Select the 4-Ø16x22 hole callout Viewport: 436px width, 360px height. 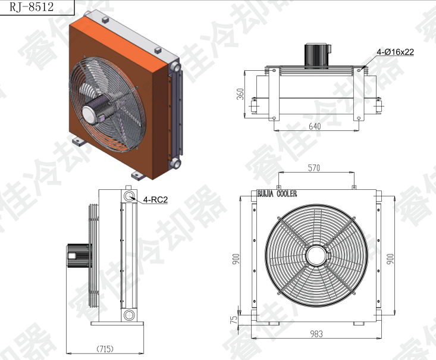coord(395,52)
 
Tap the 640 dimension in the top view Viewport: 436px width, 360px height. coord(315,126)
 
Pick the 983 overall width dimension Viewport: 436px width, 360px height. coord(316,334)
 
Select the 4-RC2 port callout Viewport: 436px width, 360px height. coord(155,200)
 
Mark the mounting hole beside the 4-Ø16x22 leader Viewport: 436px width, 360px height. coord(359,71)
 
